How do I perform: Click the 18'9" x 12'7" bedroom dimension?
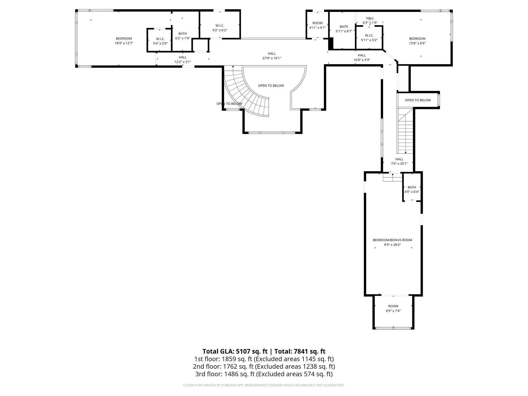pos(124,43)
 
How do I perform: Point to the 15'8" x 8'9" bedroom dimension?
pos(417,43)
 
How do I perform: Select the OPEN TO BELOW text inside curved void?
pos(271,86)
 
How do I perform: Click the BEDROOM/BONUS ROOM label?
pos(392,240)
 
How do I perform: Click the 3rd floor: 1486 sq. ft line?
pos(264,374)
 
